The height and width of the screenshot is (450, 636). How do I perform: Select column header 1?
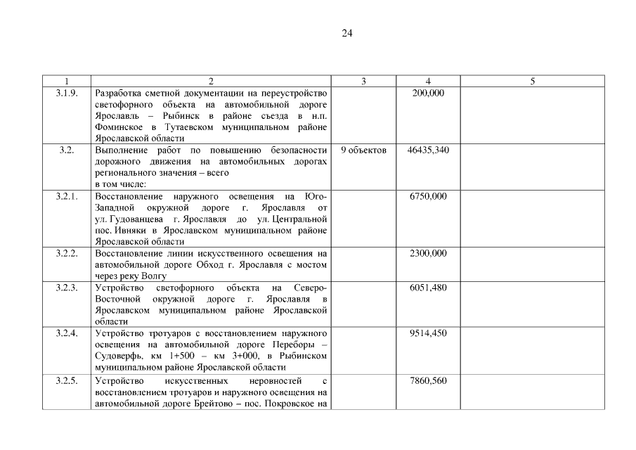(x=67, y=82)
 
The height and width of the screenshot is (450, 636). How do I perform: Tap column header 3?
(x=363, y=82)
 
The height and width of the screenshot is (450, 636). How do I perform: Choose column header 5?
(x=532, y=82)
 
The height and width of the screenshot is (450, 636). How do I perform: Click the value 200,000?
(x=428, y=93)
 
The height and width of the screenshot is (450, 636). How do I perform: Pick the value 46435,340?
(x=428, y=150)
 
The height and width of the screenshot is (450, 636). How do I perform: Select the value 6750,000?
(x=428, y=196)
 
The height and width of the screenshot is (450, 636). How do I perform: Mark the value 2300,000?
(x=428, y=253)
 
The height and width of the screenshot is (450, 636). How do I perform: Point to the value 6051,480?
(x=428, y=288)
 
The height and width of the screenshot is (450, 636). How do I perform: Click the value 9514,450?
(x=428, y=333)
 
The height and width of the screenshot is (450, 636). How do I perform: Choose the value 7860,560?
(x=428, y=380)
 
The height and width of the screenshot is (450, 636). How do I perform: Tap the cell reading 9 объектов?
(x=363, y=150)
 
